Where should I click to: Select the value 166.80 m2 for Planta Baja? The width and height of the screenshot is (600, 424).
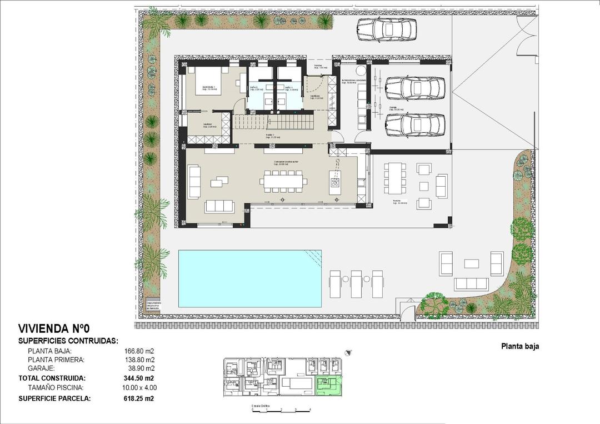[139, 351]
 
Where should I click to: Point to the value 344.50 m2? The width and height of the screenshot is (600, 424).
[138, 378]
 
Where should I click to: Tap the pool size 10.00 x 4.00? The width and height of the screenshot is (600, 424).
[138, 387]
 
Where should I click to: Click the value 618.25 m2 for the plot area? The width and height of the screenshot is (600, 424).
[138, 398]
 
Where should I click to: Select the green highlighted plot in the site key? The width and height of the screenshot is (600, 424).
[328, 385]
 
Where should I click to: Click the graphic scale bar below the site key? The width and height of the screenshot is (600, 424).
[281, 410]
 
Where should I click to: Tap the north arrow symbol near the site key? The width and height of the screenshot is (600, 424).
[348, 352]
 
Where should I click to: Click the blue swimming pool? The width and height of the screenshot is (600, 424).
[249, 278]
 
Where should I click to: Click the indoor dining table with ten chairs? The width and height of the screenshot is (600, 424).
[284, 181]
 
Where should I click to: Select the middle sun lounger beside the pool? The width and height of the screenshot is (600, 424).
[357, 283]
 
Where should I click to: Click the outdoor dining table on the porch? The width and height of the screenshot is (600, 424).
[394, 177]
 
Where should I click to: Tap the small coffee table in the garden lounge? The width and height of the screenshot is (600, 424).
[472, 263]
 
